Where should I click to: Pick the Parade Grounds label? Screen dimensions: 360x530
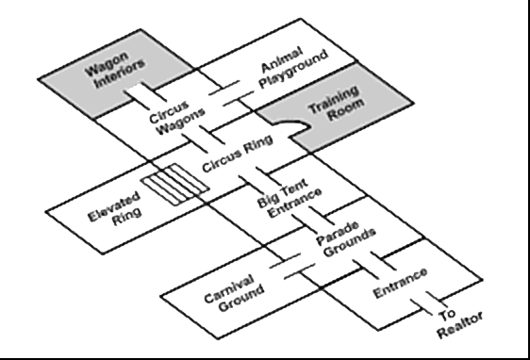click(x=346, y=242)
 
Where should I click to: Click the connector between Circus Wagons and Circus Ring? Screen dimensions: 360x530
click(x=202, y=140)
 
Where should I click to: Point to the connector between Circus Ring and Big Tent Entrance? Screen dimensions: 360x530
click(x=253, y=181)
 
